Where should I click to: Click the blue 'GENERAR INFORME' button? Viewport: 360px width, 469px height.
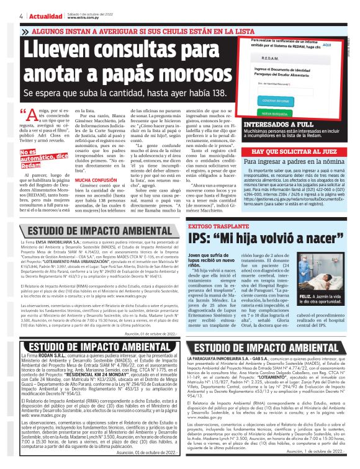pos(274,99)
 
